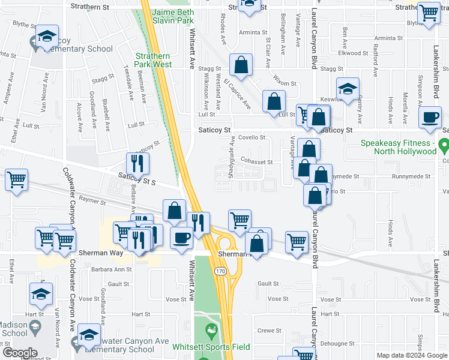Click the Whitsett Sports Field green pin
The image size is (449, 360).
click(x=211, y=330)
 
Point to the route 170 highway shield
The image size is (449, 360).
click(x=220, y=271)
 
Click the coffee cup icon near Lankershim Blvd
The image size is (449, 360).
click(x=430, y=118)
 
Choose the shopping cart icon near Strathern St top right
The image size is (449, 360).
click(x=429, y=12)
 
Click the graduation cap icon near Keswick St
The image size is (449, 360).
click(x=347, y=89)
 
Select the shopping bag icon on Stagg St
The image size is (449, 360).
click(x=240, y=67)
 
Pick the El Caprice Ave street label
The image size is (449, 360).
click(x=237, y=93)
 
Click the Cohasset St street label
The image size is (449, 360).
click(x=257, y=162)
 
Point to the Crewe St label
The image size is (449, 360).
click(x=269, y=331)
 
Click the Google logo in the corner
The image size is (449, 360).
click(x=20, y=353)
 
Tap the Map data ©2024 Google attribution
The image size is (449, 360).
click(x=411, y=356)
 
